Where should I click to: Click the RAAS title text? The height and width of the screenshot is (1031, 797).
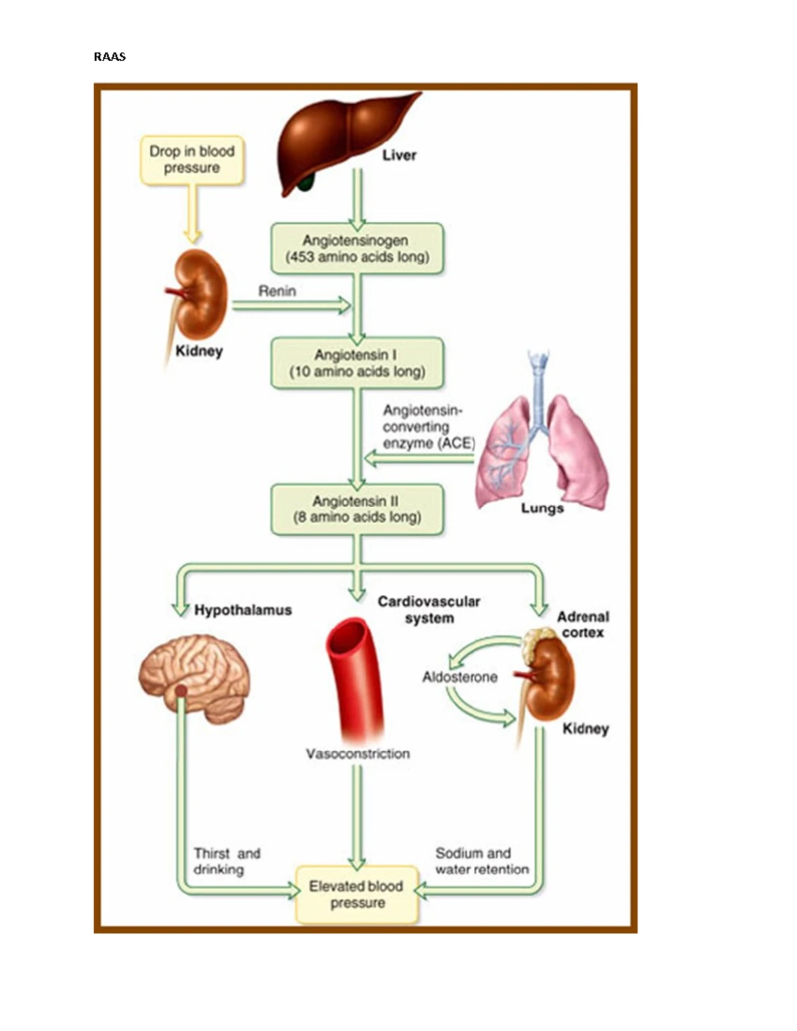(110, 57)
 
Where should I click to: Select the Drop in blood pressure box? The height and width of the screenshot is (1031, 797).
(192, 160)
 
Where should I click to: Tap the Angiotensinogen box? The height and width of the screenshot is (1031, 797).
(357, 249)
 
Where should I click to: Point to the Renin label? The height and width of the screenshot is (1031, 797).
(277, 291)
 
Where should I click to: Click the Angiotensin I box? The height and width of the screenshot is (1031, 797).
(357, 363)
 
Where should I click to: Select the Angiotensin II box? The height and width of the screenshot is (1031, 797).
(357, 509)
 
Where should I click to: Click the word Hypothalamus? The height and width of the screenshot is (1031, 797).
(242, 610)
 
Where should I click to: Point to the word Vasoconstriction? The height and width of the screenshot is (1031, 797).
(357, 753)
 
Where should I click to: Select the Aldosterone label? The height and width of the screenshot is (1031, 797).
(460, 677)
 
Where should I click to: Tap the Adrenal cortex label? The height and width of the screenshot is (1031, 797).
(582, 625)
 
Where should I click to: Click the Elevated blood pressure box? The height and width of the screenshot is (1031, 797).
(357, 894)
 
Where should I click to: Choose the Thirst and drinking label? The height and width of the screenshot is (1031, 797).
(226, 861)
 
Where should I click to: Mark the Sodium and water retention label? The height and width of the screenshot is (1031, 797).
(482, 861)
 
